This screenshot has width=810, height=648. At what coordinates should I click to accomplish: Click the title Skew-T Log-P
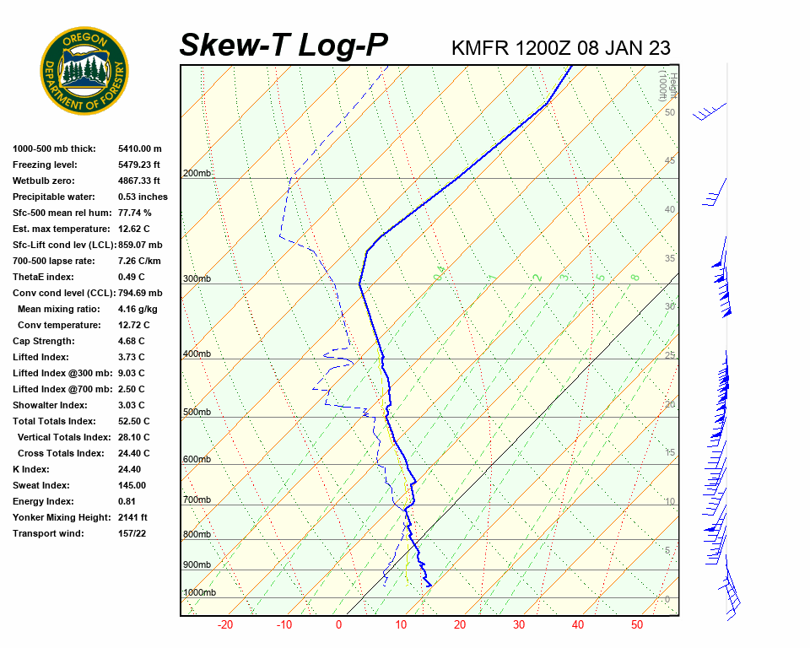(283, 46)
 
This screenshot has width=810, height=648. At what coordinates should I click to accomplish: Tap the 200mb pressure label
(197, 174)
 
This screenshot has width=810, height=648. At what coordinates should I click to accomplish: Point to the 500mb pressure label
(197, 412)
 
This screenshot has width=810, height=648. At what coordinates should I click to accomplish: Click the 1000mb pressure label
(200, 593)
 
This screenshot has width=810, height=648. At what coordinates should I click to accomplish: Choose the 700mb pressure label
(197, 500)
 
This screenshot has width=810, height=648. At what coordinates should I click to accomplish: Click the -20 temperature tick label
(225, 625)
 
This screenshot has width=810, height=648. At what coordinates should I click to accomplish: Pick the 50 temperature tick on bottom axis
(637, 625)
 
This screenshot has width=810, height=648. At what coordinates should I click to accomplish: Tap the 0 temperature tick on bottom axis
(338, 625)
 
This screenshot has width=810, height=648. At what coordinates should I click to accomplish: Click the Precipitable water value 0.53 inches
(143, 197)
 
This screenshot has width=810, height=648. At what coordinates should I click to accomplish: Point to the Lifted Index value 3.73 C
(132, 357)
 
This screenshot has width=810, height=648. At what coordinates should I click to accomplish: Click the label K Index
(31, 469)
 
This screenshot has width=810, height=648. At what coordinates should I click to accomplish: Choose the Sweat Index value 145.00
(132, 485)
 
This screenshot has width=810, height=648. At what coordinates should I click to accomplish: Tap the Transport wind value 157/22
(132, 533)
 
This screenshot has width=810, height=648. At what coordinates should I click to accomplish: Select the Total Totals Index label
(54, 421)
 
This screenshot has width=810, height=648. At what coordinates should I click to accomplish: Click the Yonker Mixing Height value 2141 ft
(133, 517)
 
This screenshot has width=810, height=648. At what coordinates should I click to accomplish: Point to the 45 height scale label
(670, 160)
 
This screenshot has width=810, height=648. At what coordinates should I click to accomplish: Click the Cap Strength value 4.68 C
(132, 341)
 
